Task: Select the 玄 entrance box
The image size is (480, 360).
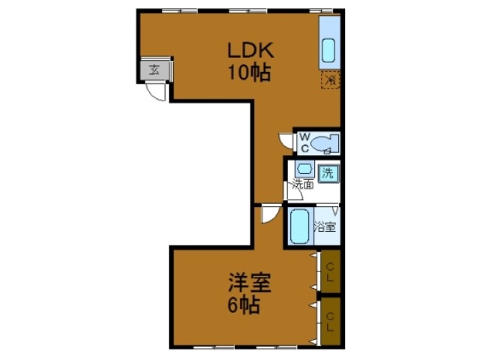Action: click(x=154, y=71)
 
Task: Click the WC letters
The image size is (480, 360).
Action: click(x=305, y=142)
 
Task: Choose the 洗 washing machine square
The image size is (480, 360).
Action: click(x=328, y=172)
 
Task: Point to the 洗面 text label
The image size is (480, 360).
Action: click(x=303, y=184)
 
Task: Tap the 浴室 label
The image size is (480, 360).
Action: click(x=325, y=226)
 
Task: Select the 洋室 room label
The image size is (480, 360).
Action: click(x=250, y=284)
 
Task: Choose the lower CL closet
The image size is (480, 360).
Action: click(x=330, y=321)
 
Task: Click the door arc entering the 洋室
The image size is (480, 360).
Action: click(x=268, y=215)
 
